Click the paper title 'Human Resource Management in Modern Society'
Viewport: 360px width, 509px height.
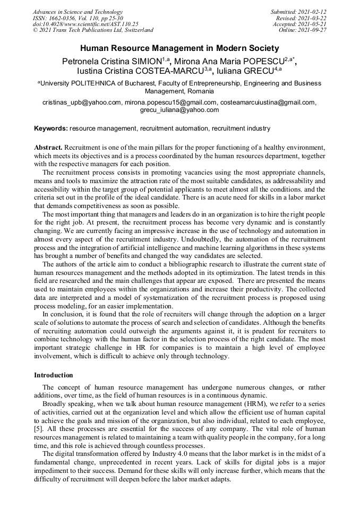(x=179, y=48)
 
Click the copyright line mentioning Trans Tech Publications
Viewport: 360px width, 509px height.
(x=93, y=30)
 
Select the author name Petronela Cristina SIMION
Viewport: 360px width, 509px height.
(x=113, y=61)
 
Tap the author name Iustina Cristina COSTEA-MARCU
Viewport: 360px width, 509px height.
(x=141, y=71)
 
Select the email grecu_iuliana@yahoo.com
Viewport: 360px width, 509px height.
(x=179, y=110)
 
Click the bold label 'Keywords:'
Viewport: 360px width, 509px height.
(x=51, y=128)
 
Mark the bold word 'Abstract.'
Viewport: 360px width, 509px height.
(x=49, y=146)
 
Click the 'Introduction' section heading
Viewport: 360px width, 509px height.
(x=54, y=375)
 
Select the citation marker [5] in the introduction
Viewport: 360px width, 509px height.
(x=39, y=427)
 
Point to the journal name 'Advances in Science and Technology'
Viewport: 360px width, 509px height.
(x=78, y=12)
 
